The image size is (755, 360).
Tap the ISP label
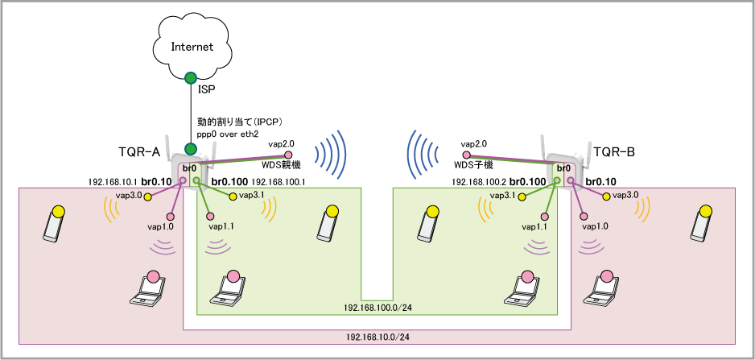[207, 90]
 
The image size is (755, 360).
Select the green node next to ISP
[191, 78]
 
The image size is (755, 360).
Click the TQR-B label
[615, 151]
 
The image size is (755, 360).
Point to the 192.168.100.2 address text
[478, 183]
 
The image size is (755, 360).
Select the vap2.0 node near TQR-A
[291, 153]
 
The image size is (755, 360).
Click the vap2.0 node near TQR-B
[465, 153]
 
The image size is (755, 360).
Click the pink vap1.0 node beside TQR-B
[582, 216]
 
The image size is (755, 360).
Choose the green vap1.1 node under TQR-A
[209, 216]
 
